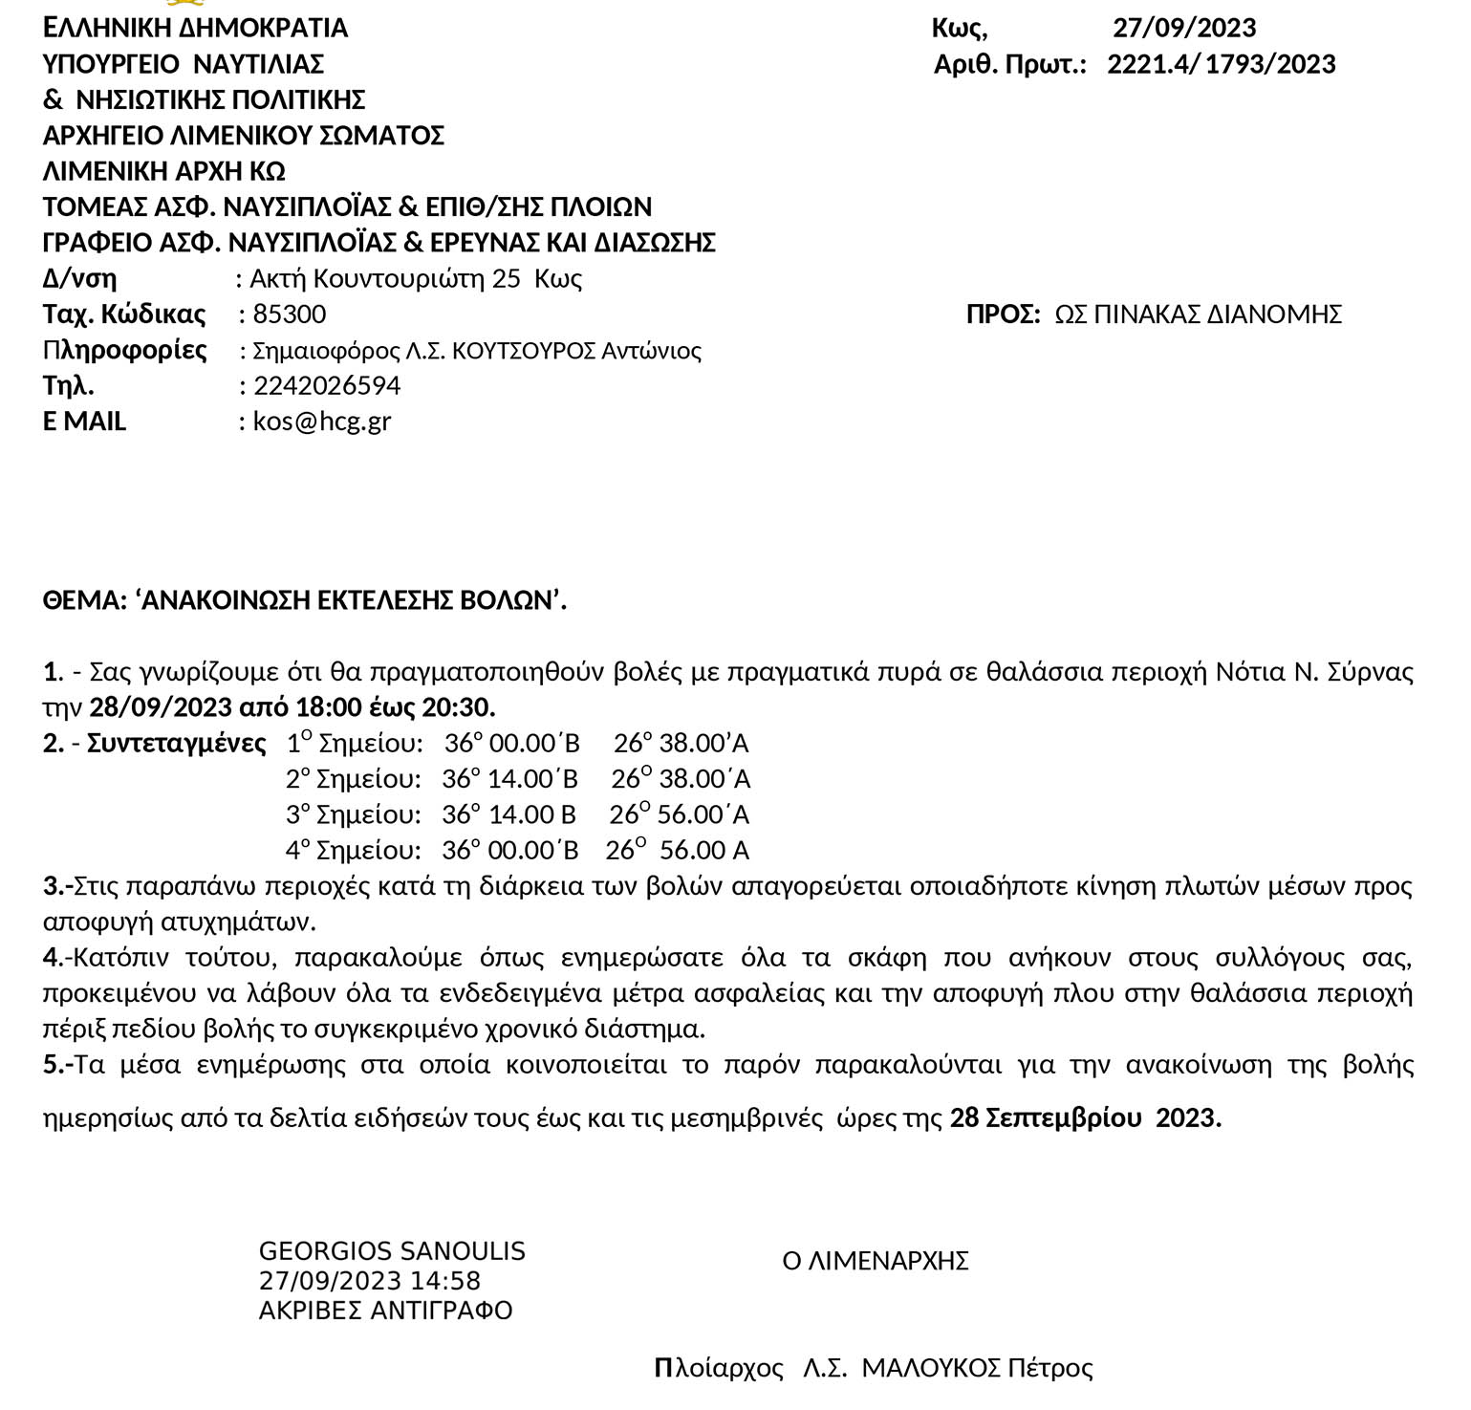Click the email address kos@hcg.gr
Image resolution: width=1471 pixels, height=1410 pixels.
coord(322,422)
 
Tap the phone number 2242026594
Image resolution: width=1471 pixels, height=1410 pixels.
coord(327,386)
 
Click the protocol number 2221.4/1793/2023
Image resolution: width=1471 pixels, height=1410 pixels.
coord(1221,64)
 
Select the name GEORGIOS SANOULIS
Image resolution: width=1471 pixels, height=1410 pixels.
coord(392,1250)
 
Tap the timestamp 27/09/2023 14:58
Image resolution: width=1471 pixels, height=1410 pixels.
coord(369,1280)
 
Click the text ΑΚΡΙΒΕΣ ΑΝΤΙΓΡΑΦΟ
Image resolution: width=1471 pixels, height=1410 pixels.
coord(385,1310)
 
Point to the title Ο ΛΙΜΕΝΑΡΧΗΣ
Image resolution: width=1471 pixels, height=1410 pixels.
coord(875,1261)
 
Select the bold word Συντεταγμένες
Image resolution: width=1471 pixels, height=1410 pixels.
coord(176,744)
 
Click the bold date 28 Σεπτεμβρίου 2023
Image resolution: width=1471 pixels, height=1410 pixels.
coord(1085,1117)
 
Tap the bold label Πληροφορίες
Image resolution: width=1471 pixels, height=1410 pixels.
coord(124,350)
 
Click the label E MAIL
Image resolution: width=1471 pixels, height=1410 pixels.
coord(84,422)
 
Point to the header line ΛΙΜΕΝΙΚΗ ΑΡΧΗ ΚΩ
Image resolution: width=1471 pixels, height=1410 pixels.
coord(163,172)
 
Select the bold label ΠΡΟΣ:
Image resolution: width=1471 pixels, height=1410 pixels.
coord(1003,315)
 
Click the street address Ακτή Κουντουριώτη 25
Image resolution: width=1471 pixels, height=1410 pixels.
coord(384,279)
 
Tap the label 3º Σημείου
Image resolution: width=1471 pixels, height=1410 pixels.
coord(353,815)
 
